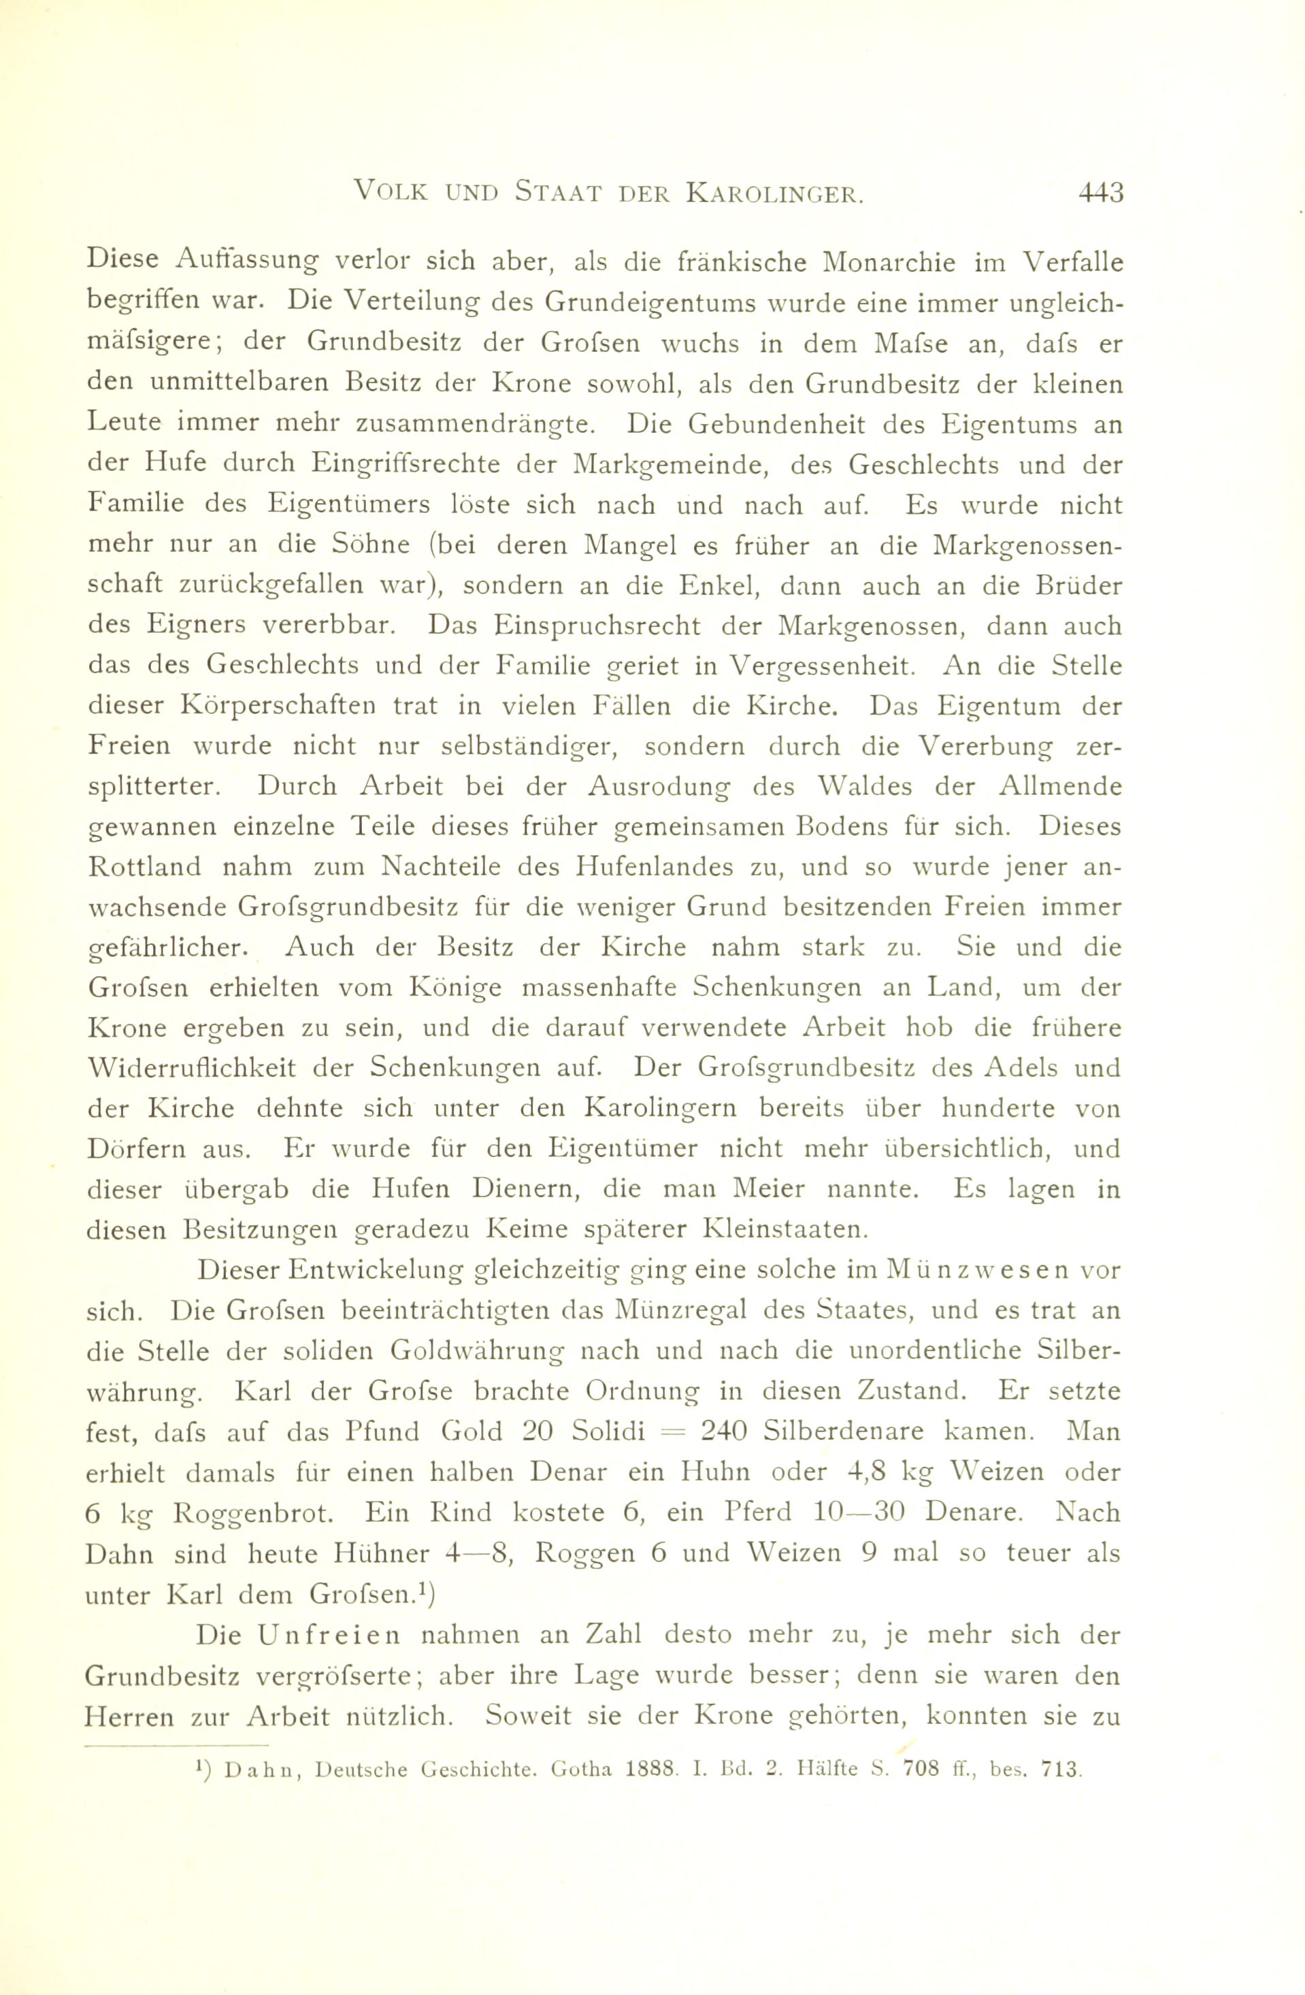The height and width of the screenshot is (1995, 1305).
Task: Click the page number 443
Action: tap(1100, 193)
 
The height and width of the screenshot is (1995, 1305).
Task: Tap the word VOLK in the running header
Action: tap(391, 193)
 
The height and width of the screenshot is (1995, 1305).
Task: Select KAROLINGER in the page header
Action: tap(774, 193)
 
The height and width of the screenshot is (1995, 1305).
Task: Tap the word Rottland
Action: tap(144, 866)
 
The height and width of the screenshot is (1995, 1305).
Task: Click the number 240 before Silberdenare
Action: tap(723, 1431)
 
